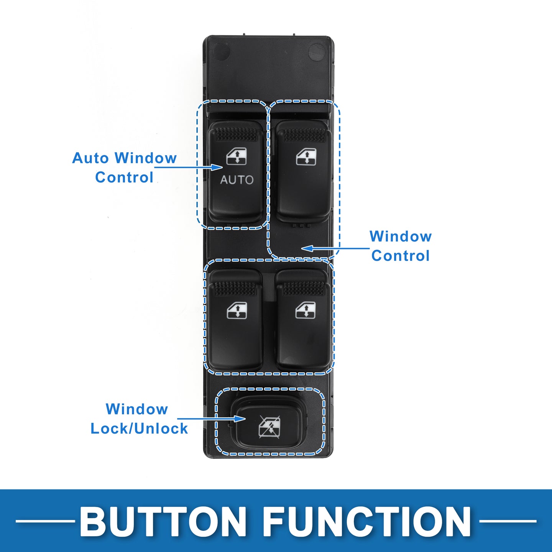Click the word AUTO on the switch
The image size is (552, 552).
(237, 180)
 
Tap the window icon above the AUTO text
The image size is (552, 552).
(236, 156)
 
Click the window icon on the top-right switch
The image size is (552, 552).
(306, 156)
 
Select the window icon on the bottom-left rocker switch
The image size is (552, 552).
(237, 310)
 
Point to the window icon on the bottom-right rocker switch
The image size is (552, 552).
(306, 310)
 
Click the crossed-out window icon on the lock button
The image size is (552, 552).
(269, 426)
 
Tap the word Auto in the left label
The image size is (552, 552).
(90, 158)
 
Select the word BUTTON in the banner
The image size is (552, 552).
(163, 522)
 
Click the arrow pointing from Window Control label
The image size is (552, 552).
(333, 248)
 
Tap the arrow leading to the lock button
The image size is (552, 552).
(211, 419)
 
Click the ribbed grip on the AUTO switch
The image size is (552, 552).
(236, 134)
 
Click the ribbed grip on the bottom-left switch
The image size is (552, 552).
(235, 288)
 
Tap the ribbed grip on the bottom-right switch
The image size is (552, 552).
(304, 288)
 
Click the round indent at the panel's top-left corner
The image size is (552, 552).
(221, 51)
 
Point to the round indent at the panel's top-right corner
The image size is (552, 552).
(317, 51)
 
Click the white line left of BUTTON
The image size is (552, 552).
(45, 521)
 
